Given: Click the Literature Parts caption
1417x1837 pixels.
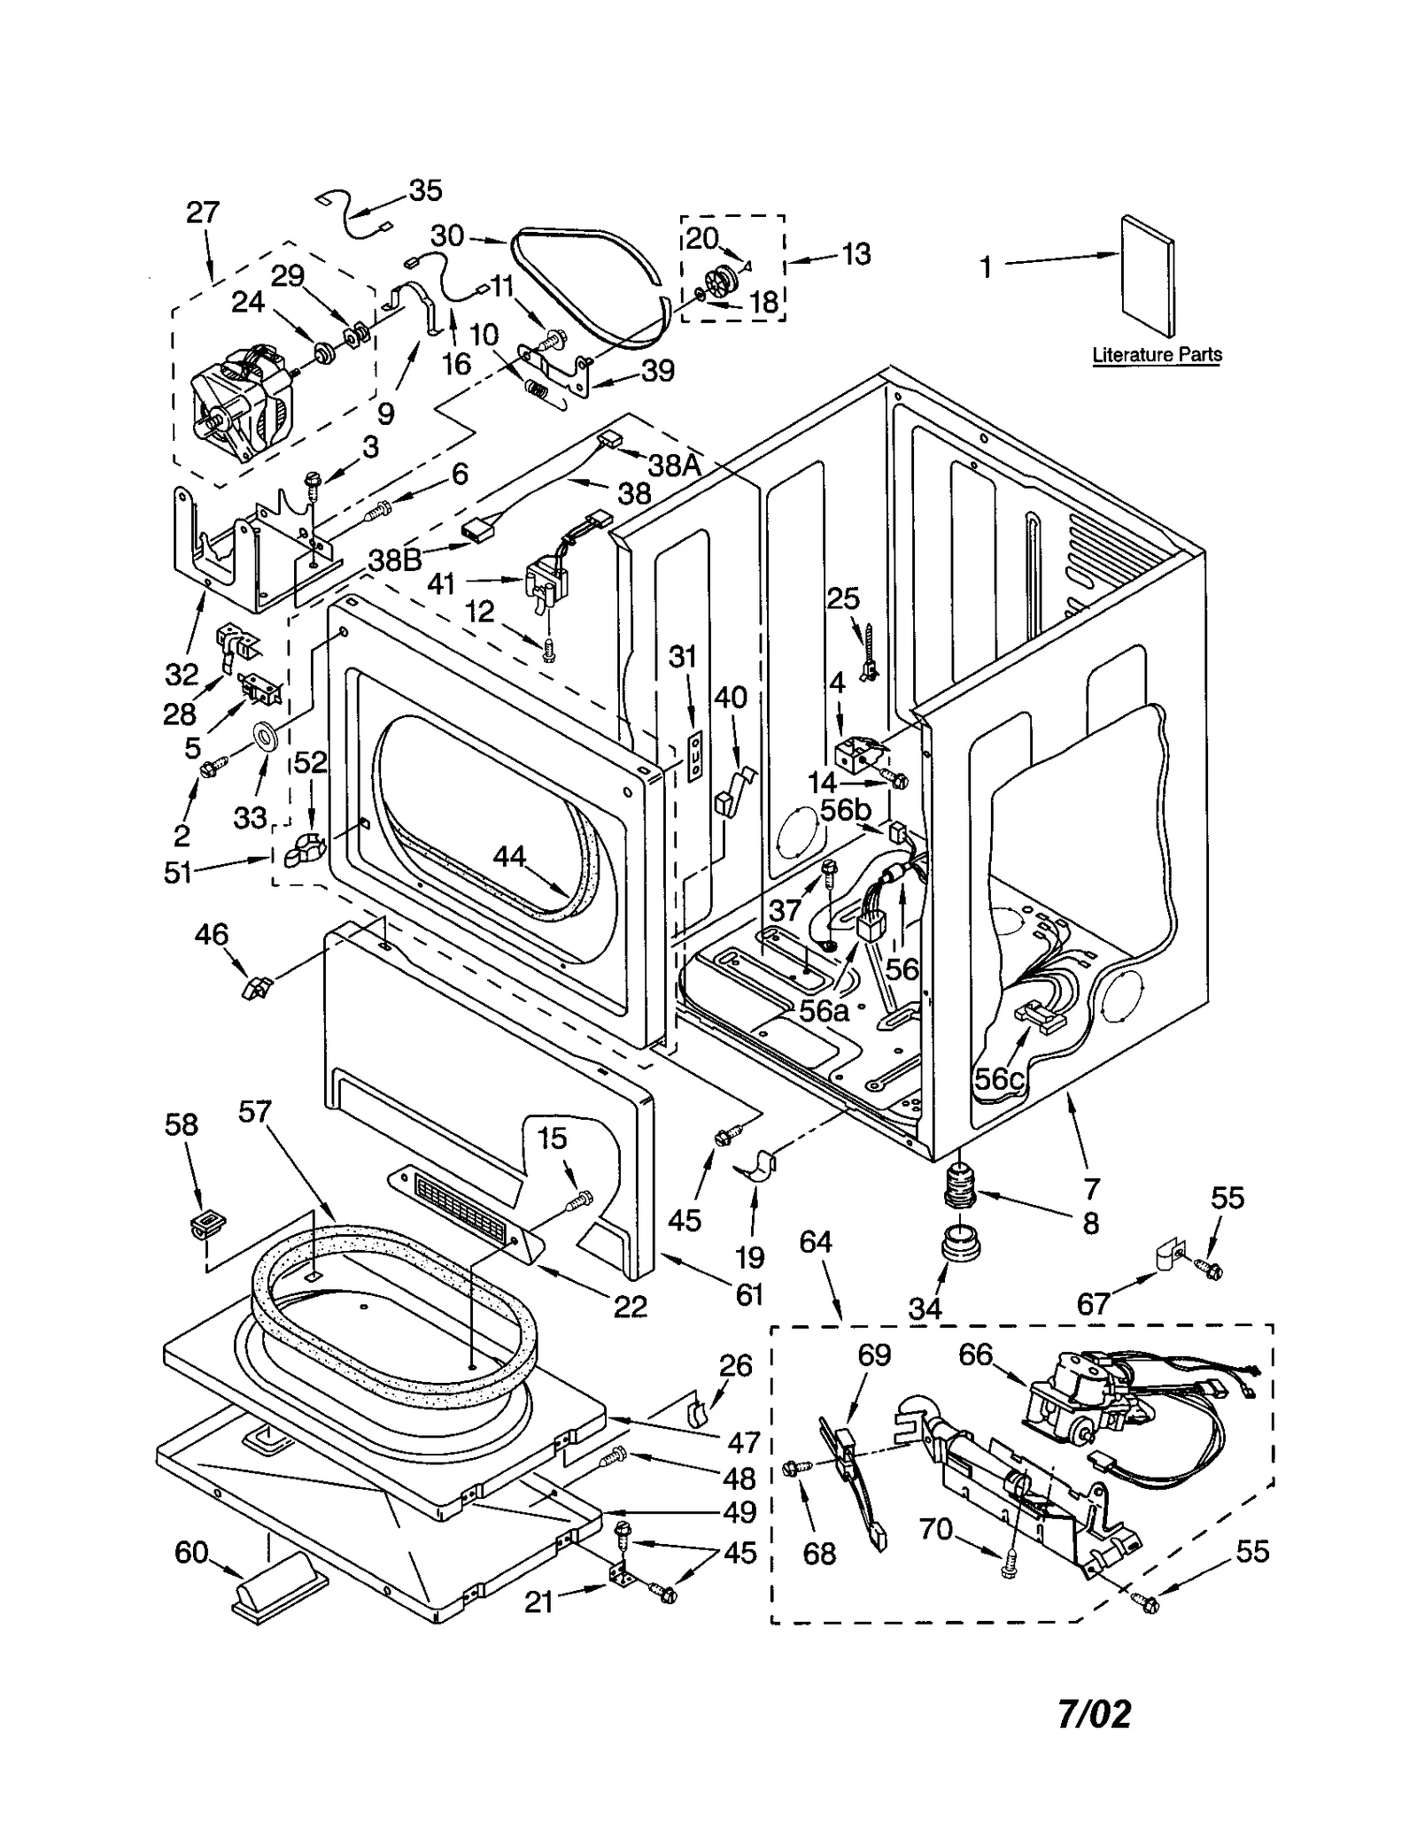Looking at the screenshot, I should point(1156,355).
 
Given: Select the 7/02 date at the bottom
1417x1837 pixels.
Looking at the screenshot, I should point(1094,1715).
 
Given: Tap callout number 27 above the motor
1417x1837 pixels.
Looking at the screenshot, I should point(202,212).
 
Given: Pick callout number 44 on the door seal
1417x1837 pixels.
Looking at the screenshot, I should point(510,856).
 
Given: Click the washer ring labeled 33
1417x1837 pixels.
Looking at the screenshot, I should point(265,734).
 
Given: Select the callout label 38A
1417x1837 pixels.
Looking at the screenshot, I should point(674,465).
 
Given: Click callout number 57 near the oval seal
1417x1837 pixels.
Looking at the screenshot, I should point(255,1111).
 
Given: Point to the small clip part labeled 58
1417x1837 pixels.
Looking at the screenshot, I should point(207,1225).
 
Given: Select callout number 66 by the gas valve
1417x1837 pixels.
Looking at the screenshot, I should point(975,1354).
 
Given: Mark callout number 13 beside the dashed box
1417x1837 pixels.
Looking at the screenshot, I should point(856,254).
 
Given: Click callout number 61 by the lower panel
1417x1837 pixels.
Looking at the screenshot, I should point(749,1294).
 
